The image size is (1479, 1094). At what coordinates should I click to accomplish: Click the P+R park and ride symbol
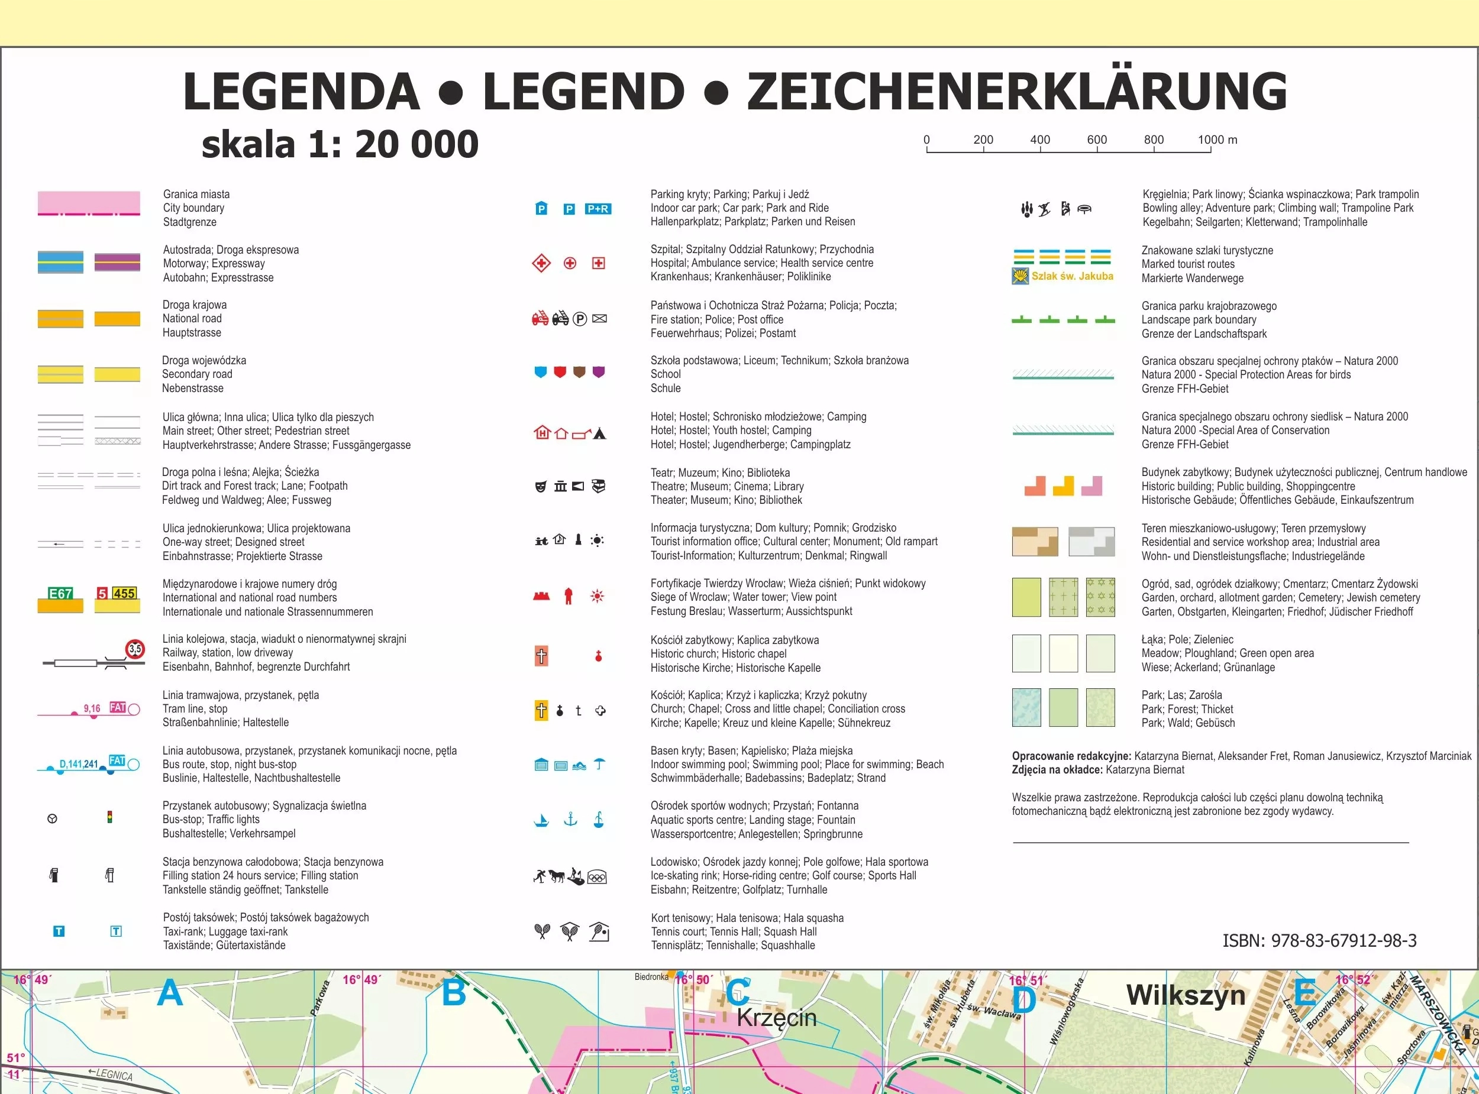(x=598, y=209)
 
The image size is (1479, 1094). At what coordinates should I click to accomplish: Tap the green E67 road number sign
(x=60, y=593)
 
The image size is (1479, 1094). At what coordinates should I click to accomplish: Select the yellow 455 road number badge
(x=124, y=593)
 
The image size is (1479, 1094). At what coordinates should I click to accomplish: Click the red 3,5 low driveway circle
(x=135, y=649)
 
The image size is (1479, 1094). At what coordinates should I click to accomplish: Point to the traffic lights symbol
(x=110, y=817)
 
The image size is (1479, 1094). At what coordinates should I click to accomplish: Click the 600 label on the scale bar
(x=1097, y=140)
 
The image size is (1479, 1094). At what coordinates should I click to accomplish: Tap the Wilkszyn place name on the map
(x=1186, y=995)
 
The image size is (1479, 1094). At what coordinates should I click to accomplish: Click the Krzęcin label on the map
(x=776, y=1018)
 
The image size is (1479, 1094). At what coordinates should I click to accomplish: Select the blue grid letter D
(x=1023, y=999)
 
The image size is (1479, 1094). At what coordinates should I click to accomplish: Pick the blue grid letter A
(x=170, y=993)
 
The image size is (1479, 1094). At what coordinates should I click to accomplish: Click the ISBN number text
(x=1319, y=940)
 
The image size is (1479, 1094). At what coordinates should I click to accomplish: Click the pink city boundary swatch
(x=89, y=203)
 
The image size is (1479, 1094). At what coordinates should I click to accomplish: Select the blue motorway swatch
(x=60, y=262)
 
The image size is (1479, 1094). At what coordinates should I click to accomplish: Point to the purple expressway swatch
(x=117, y=262)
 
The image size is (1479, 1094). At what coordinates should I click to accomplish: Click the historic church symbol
(x=541, y=656)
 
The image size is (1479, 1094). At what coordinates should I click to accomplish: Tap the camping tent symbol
(x=599, y=434)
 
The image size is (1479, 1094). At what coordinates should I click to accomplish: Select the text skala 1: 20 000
(x=340, y=144)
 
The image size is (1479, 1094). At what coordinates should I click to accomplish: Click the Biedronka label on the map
(x=651, y=977)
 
